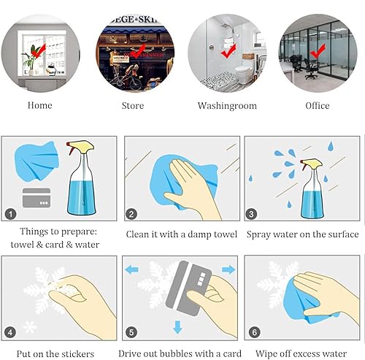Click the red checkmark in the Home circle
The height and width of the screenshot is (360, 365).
[38, 51]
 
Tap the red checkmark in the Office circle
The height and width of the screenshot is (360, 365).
[318, 51]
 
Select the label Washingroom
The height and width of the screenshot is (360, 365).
[227, 106]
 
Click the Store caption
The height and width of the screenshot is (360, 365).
[133, 106]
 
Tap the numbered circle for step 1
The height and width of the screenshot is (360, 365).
[10, 214]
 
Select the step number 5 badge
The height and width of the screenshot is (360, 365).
[131, 332]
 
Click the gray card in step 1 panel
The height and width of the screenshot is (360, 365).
[36, 198]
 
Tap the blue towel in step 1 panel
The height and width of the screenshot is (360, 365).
[36, 161]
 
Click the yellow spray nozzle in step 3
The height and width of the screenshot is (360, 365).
[311, 164]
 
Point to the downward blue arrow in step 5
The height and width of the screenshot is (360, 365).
[177, 327]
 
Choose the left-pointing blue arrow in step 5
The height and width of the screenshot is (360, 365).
[131, 269]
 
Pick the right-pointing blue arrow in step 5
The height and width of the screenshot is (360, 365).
[228, 269]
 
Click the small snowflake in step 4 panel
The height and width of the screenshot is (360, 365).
[30, 327]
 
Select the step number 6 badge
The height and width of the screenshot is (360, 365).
[255, 332]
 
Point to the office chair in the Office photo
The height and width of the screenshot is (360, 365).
[310, 69]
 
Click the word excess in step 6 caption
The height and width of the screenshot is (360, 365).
[299, 353]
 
